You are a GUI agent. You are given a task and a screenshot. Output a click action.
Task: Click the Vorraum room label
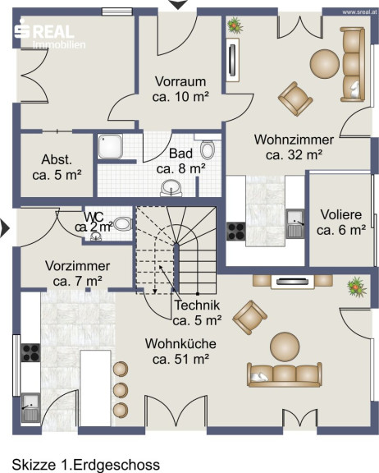180,90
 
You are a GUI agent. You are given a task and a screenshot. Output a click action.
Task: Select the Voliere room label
341,223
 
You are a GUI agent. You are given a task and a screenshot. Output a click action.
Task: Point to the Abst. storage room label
57,168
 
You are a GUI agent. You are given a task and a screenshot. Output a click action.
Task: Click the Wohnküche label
180,351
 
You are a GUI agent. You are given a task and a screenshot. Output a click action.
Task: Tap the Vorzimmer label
77,273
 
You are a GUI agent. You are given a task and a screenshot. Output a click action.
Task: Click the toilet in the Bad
208,149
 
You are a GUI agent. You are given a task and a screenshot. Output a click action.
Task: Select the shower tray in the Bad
110,146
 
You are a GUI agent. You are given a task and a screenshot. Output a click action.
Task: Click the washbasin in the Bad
171,188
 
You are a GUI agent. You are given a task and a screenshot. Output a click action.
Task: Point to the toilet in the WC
122,224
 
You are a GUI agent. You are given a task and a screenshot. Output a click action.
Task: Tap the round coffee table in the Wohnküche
285,347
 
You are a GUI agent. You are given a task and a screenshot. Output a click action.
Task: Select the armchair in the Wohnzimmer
295,99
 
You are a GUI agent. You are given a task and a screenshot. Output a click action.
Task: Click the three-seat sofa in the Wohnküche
285,374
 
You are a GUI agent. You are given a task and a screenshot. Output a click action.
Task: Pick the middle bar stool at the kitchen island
121,390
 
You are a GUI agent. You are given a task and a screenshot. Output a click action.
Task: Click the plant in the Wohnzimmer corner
235,25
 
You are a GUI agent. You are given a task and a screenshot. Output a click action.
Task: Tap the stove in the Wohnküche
30,352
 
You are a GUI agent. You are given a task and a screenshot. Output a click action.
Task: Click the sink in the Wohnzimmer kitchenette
295,223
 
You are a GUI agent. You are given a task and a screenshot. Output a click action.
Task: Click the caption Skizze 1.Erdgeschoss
86,465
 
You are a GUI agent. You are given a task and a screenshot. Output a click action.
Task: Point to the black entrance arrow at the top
178,5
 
